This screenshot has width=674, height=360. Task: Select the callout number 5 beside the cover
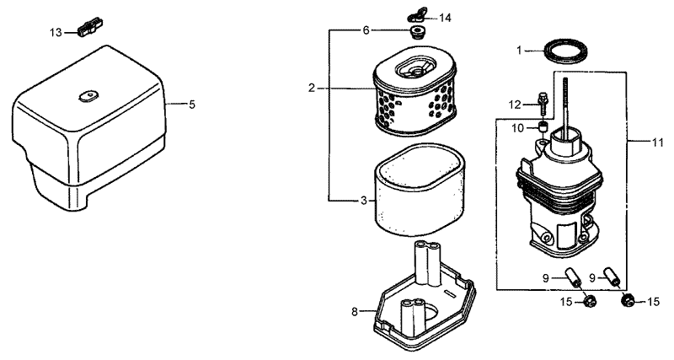[191, 105]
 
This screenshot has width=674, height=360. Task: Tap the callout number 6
[366, 30]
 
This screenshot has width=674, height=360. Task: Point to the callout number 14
[445, 17]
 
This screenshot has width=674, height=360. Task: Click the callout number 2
[312, 88]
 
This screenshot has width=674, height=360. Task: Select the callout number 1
[520, 51]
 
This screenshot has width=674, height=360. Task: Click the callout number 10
[520, 127]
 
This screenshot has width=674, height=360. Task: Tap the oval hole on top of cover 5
[84, 97]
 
